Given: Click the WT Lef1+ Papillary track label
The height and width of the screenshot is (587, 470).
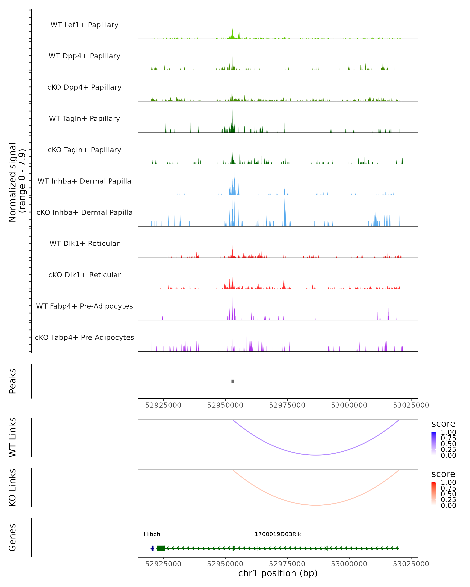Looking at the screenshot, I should pyautogui.click(x=84, y=25).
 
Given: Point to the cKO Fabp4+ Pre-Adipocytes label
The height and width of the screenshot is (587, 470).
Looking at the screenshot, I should pyautogui.click(x=84, y=337).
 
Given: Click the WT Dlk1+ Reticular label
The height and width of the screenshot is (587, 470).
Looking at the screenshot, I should pyautogui.click(x=84, y=243).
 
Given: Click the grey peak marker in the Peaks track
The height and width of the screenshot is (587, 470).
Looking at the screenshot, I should pyautogui.click(x=232, y=381).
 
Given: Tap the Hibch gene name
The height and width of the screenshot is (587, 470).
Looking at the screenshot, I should pyautogui.click(x=152, y=534).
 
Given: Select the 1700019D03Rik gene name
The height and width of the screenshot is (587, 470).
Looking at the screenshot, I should pyautogui.click(x=278, y=534).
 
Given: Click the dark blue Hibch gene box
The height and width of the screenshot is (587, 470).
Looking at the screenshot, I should pyautogui.click(x=152, y=548).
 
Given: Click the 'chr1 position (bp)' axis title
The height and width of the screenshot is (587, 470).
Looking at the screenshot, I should pyautogui.click(x=278, y=573).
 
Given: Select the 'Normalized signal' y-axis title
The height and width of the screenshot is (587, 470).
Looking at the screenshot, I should pyautogui.click(x=13, y=182).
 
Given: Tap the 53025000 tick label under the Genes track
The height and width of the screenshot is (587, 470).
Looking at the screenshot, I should pyautogui.click(x=411, y=564).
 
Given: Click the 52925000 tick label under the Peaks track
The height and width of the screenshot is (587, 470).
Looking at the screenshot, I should pyautogui.click(x=163, y=405).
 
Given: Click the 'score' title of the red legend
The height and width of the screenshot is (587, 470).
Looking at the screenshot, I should pyautogui.click(x=443, y=474).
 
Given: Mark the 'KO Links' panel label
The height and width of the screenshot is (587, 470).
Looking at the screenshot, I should pyautogui.click(x=13, y=487).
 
